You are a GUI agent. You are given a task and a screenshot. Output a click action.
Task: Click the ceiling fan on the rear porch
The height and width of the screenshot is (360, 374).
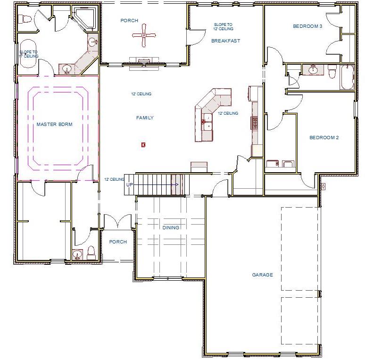pos(144,35)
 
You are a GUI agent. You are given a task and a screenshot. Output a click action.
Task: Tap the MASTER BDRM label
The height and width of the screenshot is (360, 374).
pos(53,125)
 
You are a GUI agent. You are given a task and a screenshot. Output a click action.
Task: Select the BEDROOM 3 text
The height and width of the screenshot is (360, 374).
pos(307,26)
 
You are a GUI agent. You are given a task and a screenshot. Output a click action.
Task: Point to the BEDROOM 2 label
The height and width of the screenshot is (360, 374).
pos(324,138)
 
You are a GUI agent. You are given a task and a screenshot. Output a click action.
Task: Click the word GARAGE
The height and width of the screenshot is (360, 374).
pos(262,275)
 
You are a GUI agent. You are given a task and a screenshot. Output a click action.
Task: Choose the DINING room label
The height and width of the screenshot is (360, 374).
pos(171,227)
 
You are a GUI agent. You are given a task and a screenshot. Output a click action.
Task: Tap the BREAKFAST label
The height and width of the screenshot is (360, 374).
pos(225,41)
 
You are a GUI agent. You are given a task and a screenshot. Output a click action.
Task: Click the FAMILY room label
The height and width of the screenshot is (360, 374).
pos(145,118)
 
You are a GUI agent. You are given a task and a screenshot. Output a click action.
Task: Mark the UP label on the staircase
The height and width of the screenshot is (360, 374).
pos(129,184)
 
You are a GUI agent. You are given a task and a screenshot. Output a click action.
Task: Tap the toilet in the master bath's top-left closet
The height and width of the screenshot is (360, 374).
pos(25,19)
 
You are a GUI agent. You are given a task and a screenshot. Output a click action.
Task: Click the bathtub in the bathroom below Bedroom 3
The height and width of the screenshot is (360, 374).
pos(347,76)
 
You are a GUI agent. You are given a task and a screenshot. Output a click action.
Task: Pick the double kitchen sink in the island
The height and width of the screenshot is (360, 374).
pos(207,121)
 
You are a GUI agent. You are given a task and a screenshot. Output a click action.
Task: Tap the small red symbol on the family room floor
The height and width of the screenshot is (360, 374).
pos(143,145)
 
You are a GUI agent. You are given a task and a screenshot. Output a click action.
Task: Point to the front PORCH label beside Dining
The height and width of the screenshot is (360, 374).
pos(118,242)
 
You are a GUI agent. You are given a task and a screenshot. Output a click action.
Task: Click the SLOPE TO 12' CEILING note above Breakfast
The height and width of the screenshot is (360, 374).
pos(223,26)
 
